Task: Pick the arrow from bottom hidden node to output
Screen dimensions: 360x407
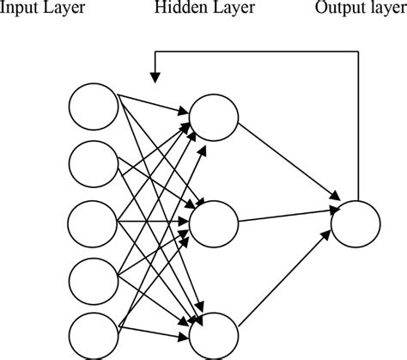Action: [x=283, y=278]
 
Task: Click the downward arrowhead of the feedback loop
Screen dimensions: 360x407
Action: [x=155, y=79]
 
